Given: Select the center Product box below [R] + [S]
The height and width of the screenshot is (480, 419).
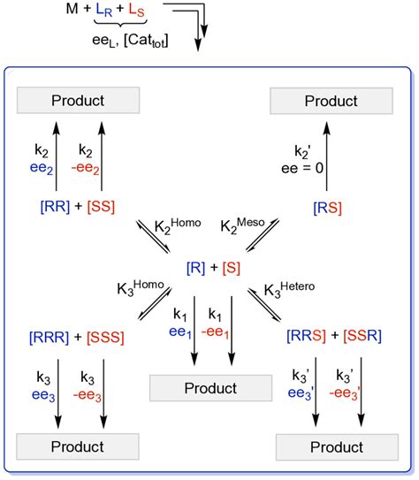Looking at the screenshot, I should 205,388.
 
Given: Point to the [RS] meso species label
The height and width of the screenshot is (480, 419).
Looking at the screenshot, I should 329,206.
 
